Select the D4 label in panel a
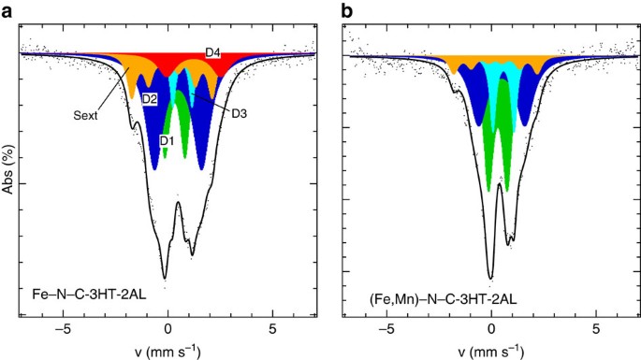coord(212,53)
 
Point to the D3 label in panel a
coord(239,113)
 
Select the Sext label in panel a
coord(86,117)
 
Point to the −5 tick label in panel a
coord(62,329)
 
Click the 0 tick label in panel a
coord(168,329)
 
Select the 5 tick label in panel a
coord(272,329)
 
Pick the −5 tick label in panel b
coord(385,329)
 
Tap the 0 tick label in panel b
coord(491,329)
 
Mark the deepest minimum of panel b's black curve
coord(490,278)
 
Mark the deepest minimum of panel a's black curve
coord(166,278)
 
